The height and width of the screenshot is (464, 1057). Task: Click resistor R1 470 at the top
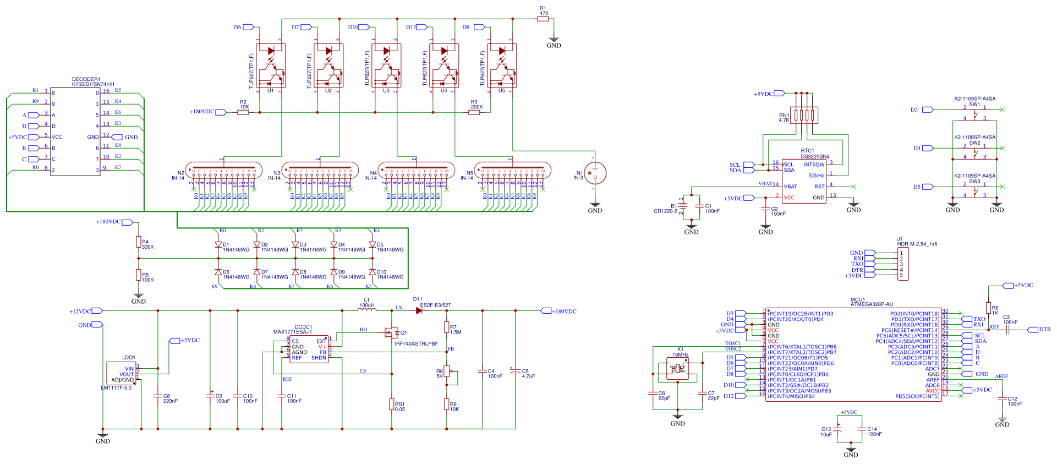543,19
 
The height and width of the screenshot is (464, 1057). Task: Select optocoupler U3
386,66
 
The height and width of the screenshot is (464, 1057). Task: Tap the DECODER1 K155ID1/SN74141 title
93,82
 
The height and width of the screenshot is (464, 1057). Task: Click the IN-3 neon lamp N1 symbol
595,173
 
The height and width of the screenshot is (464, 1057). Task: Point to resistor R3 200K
474,112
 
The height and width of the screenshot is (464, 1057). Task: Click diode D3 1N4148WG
295,244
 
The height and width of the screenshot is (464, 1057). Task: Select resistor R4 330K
139,242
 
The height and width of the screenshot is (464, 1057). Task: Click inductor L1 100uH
367,310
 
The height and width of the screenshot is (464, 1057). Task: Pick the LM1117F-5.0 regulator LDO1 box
122,374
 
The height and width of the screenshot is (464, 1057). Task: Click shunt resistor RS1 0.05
392,405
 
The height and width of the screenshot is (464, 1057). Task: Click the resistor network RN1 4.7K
804,115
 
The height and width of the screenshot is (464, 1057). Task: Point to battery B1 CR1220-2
682,206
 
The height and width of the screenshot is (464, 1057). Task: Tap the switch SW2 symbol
974,152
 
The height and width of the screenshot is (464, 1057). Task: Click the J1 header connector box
903,264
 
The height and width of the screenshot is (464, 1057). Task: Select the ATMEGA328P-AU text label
872,304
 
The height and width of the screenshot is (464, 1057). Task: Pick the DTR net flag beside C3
1044,330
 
